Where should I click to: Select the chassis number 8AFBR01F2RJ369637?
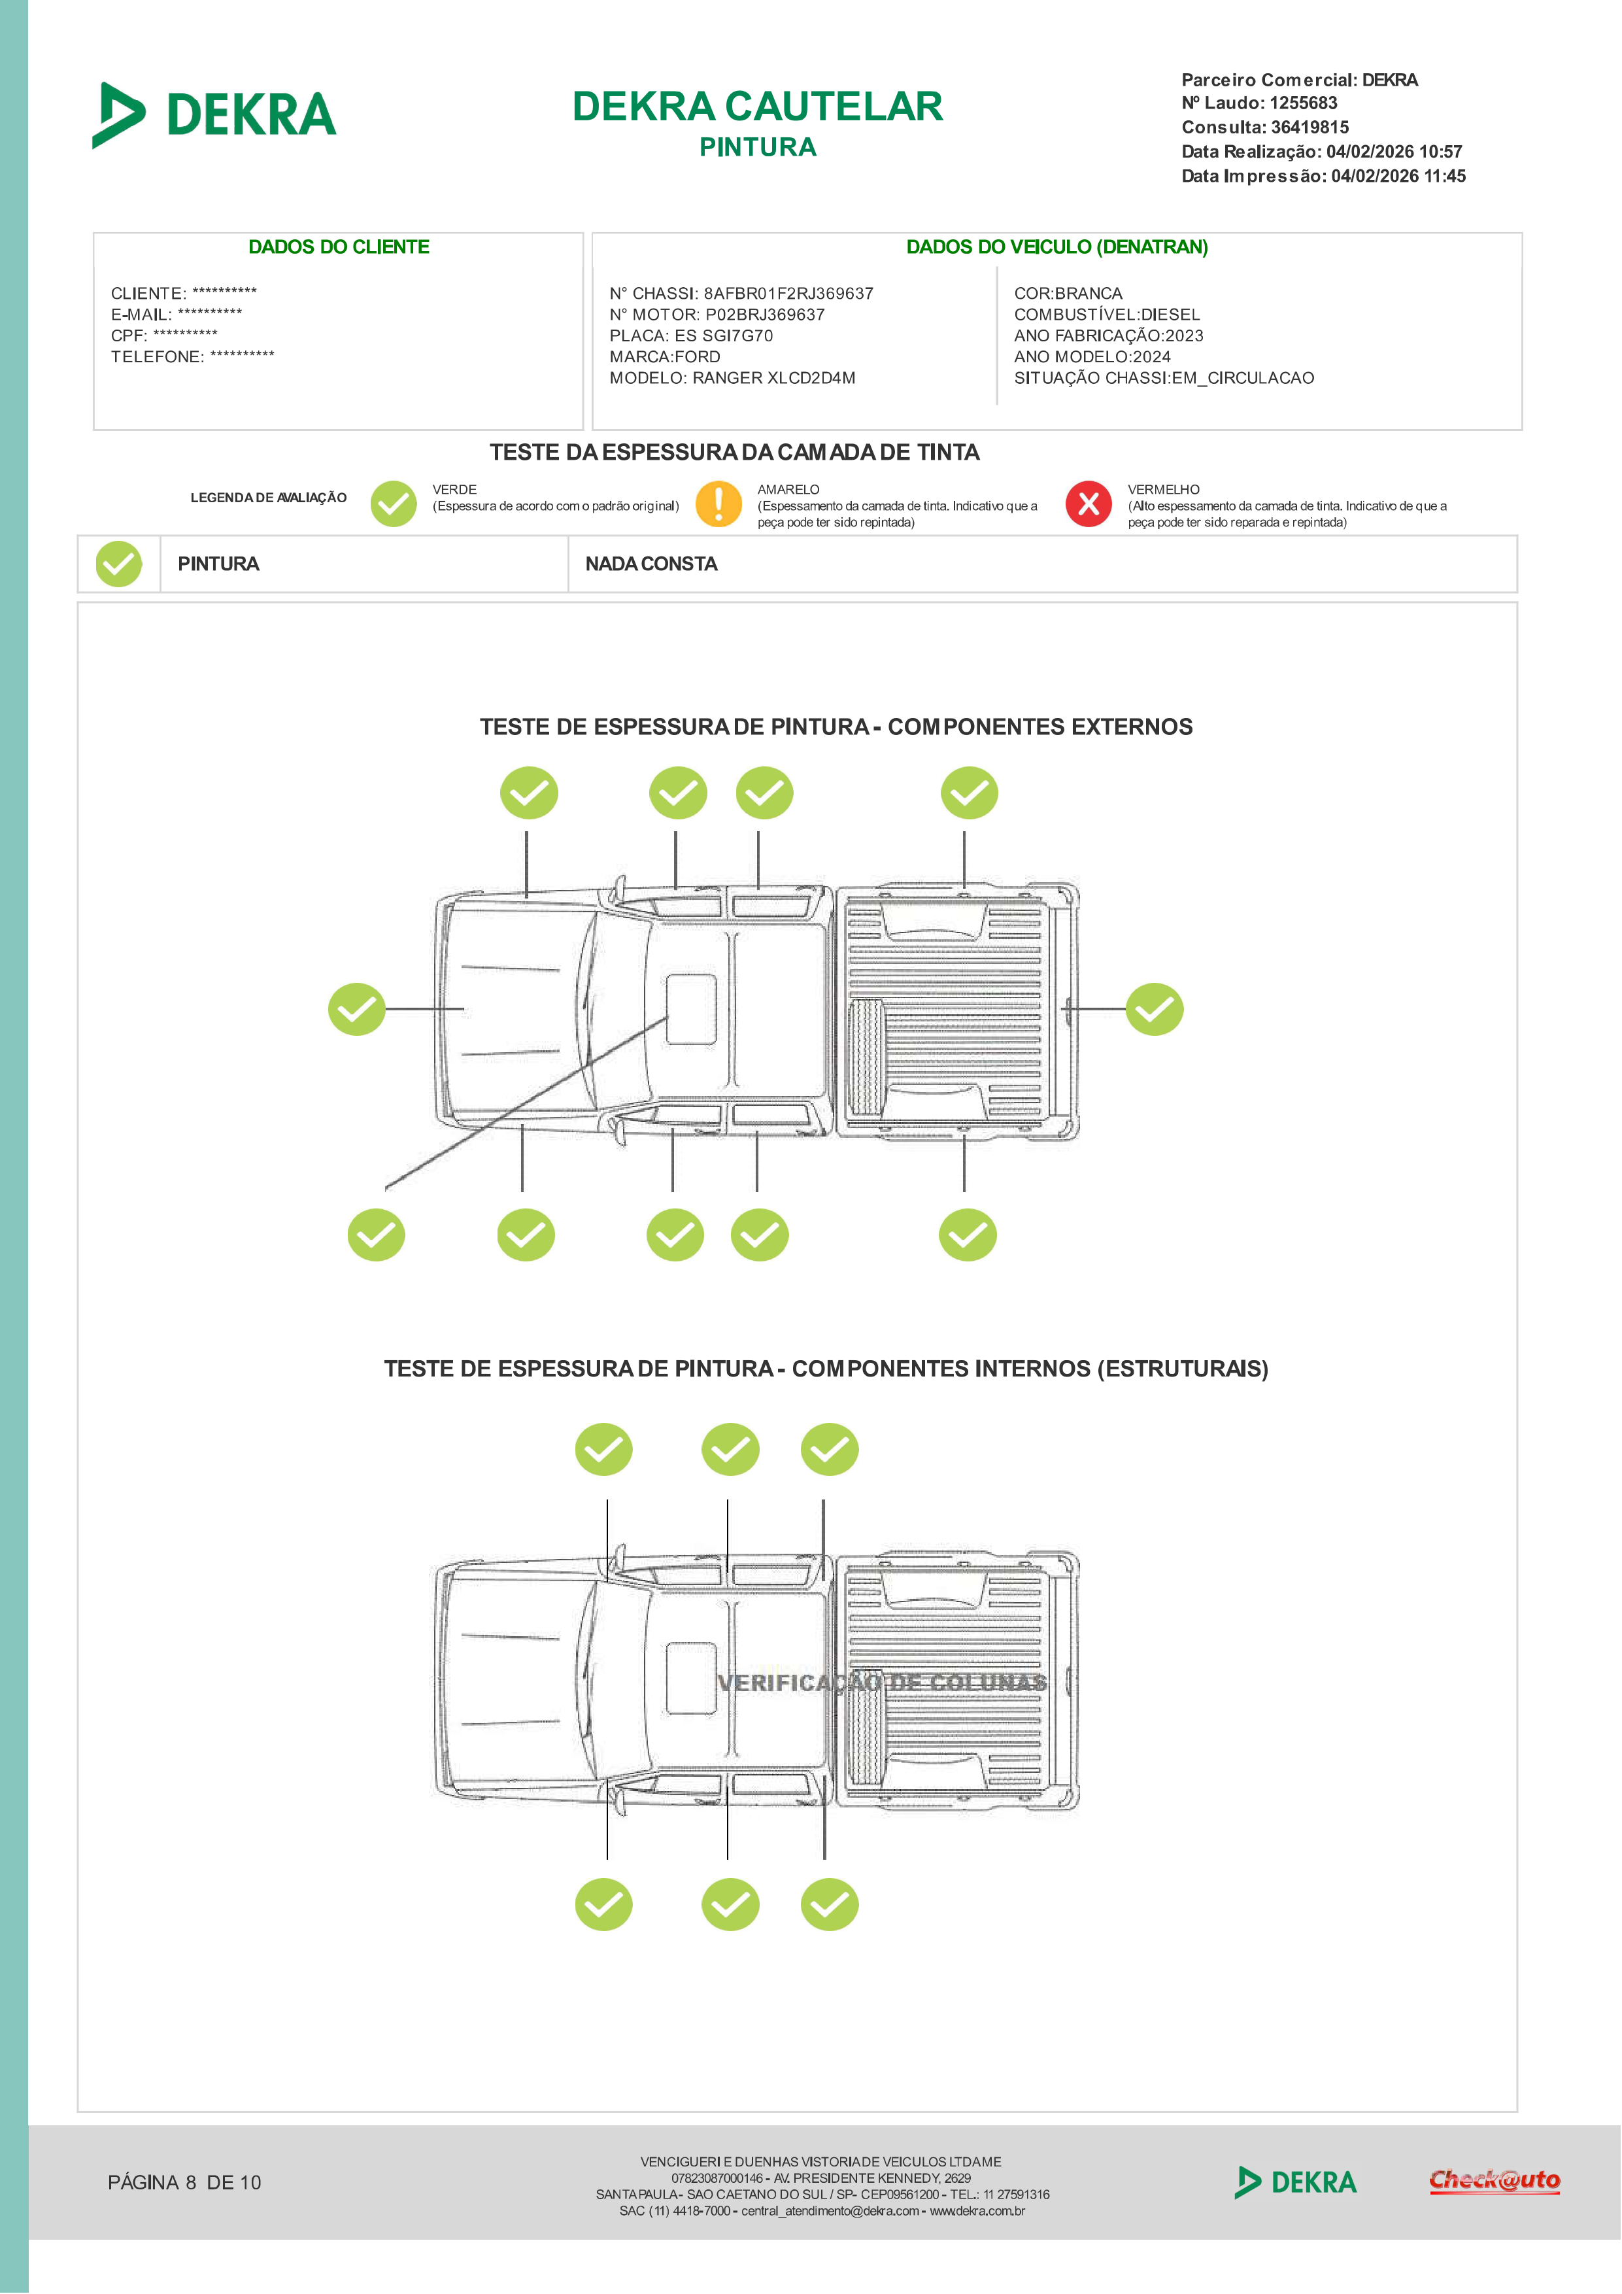click(788, 294)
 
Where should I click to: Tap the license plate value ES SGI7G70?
click(723, 335)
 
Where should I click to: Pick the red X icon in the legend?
click(1089, 504)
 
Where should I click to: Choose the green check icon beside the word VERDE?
click(394, 504)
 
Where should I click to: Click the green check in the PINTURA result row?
click(119, 564)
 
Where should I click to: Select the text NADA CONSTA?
click(651, 564)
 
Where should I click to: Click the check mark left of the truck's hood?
click(356, 1009)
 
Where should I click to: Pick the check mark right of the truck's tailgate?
click(1155, 1009)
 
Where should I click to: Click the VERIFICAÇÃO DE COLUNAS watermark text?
click(882, 1683)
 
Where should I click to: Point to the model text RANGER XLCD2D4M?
click(774, 378)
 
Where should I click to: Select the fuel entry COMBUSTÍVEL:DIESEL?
click(1107, 315)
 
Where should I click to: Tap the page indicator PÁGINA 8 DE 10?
click(185, 2182)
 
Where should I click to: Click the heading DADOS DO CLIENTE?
click(339, 247)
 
